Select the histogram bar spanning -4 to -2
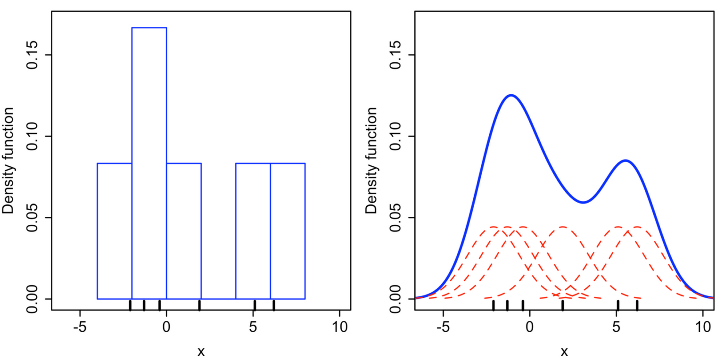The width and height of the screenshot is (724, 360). [x=115, y=231]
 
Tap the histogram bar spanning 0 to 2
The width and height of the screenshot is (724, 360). [x=184, y=231]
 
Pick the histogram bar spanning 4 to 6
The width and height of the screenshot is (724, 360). [x=253, y=231]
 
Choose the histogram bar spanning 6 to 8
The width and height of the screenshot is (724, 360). [x=288, y=231]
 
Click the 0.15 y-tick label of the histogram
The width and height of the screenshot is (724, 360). [x=32, y=55]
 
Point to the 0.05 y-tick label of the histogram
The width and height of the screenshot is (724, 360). [x=32, y=218]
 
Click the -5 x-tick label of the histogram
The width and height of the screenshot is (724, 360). [x=80, y=327]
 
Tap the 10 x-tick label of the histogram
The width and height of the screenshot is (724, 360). [x=339, y=327]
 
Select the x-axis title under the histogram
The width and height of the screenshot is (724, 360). [x=201, y=352]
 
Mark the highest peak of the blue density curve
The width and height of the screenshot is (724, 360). [x=511, y=95]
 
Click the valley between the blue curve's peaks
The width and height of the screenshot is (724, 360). [x=583, y=202]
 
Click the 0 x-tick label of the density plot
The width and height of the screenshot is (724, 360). [x=530, y=327]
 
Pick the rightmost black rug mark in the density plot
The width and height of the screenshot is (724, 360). [x=637, y=305]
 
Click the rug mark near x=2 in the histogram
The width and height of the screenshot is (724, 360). [x=199, y=305]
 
